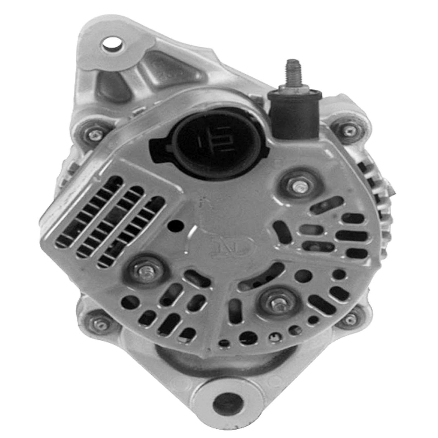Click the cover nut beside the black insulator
(x=297, y=184)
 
